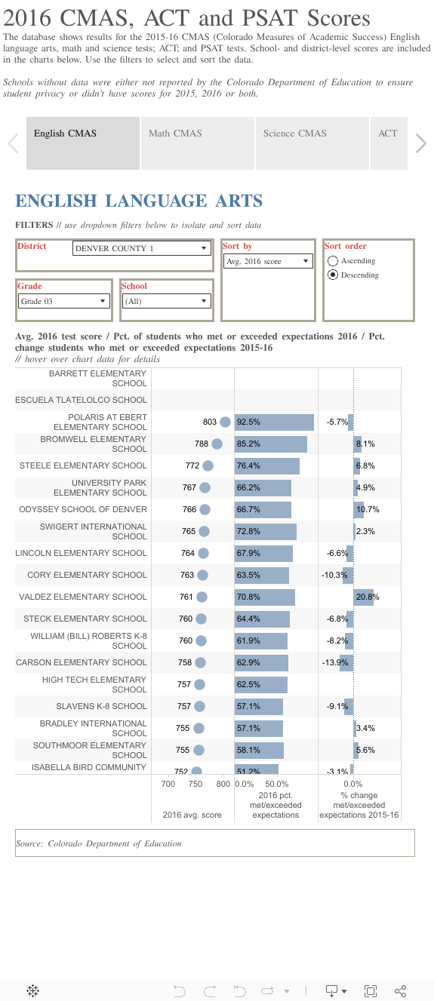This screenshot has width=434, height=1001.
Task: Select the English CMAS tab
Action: (83, 143)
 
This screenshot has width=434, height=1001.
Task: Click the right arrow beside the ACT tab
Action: (421, 143)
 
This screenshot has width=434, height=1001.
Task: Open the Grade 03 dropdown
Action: (64, 301)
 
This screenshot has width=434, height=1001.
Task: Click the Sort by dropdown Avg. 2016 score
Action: (268, 261)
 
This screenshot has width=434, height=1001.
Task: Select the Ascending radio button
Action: (332, 261)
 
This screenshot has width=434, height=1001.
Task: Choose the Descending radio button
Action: (332, 275)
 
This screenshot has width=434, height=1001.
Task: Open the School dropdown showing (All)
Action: (166, 301)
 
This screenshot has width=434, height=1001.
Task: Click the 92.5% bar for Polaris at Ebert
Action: (274, 422)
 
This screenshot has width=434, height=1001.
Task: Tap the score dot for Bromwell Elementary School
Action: (217, 444)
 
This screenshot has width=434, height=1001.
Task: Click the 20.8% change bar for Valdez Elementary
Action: (362, 597)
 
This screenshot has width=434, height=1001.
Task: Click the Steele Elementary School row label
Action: (83, 466)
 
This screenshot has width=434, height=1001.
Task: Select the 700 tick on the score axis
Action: (168, 784)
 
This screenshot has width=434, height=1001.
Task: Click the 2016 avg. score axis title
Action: (192, 815)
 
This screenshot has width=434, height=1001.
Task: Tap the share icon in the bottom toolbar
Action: (401, 990)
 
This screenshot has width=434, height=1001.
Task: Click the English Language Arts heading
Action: (139, 201)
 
